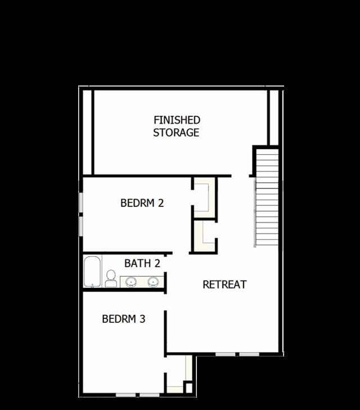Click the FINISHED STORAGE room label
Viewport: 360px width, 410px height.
[x=177, y=127]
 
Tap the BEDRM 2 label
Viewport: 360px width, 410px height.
[x=142, y=203]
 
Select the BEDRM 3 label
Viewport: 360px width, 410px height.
[x=123, y=319]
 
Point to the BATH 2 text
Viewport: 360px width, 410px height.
[x=142, y=263]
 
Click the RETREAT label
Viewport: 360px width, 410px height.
[x=224, y=285]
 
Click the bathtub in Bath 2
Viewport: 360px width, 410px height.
[x=92, y=272]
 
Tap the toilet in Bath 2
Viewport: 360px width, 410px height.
[x=111, y=278]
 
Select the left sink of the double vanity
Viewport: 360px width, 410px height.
[x=131, y=282]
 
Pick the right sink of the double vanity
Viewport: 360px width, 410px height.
[x=153, y=282]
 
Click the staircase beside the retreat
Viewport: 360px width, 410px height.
[x=267, y=197]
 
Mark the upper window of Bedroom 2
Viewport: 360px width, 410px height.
[x=81, y=202]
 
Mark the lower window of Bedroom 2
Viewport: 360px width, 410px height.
[x=81, y=227]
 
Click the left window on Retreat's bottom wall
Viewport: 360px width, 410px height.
[x=226, y=354]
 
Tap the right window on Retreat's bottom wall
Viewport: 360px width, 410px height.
[x=249, y=354]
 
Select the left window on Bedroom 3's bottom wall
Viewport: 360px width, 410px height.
[x=126, y=395]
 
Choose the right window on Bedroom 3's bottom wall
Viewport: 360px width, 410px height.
[x=150, y=395]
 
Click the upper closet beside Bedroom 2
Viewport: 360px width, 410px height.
[x=204, y=197]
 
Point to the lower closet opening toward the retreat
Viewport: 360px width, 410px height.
[x=204, y=236]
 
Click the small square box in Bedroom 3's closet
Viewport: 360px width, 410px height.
[x=188, y=388]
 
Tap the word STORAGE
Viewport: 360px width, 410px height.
[x=176, y=133]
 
